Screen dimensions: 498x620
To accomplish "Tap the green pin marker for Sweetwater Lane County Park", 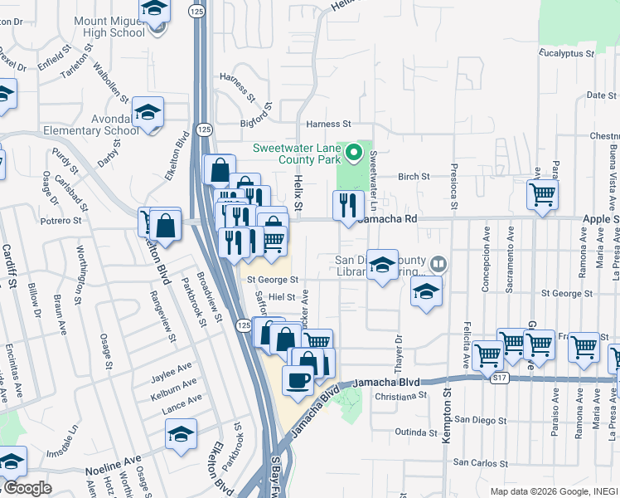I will pyautogui.click(x=355, y=153).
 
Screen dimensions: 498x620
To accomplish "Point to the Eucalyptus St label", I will pyautogui.click(x=567, y=52).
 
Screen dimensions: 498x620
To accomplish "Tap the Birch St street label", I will pyautogui.click(x=414, y=176).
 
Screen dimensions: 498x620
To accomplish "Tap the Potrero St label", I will pyautogui.click(x=63, y=221).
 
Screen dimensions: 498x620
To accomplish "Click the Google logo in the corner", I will pyautogui.click(x=27, y=488).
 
